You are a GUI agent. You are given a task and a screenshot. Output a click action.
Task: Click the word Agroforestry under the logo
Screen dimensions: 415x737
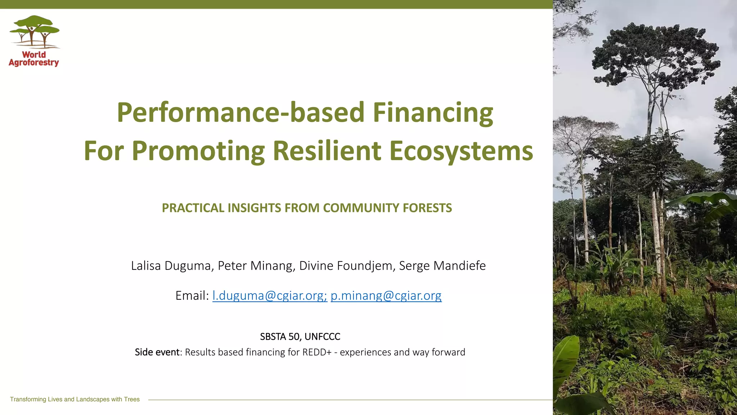(34, 63)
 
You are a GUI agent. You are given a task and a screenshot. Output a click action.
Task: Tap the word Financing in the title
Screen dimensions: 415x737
(433, 112)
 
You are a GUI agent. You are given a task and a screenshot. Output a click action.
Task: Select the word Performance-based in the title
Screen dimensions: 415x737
(241, 112)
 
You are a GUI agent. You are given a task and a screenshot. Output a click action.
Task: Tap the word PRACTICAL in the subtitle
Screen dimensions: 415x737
(193, 208)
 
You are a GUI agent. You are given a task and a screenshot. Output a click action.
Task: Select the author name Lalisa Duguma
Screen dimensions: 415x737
(171, 266)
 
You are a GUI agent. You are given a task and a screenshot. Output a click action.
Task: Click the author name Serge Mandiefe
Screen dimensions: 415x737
(442, 266)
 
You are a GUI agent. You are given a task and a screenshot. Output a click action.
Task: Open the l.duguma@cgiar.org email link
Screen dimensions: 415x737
(270, 296)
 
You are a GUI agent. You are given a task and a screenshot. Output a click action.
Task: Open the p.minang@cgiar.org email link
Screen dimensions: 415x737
(386, 296)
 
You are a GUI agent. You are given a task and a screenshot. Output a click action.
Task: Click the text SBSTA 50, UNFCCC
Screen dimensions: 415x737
(300, 336)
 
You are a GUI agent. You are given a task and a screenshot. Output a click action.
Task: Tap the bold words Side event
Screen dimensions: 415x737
(157, 352)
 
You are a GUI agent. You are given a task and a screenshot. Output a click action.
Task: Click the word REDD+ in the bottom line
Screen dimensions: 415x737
(317, 352)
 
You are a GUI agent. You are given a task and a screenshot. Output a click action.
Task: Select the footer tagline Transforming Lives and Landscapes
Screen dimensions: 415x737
(74, 399)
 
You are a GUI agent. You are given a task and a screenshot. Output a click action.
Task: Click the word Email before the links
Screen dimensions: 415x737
(192, 296)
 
